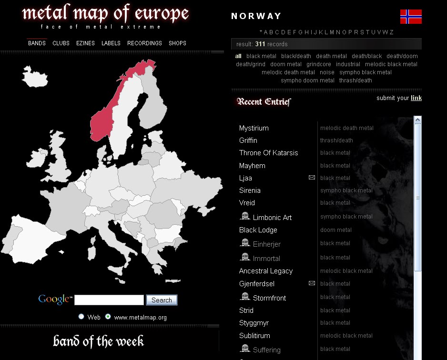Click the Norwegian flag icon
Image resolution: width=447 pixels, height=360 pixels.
(411, 17)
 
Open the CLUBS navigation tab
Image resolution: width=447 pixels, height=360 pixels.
(61, 43)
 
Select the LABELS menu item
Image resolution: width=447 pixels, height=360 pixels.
(111, 43)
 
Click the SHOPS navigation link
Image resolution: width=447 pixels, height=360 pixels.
(177, 43)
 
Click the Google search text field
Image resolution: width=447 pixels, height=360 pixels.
(109, 300)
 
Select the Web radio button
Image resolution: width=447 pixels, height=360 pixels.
(81, 317)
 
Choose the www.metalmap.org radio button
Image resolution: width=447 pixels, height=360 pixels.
(108, 317)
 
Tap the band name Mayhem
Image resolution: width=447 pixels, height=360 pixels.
(252, 166)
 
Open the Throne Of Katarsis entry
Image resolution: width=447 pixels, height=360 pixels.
(268, 153)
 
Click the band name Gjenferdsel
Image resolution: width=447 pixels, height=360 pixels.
(256, 284)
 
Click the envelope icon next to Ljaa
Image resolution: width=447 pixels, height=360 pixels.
(312, 178)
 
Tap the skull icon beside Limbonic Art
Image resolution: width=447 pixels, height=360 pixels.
(245, 216)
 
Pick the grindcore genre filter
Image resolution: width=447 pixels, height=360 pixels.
(319, 64)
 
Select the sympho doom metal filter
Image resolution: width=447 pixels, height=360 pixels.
(307, 80)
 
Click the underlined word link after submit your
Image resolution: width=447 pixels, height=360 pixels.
(416, 98)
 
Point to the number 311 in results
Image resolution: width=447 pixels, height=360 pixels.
(260, 44)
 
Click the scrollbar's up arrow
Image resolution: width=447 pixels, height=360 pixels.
(417, 120)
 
